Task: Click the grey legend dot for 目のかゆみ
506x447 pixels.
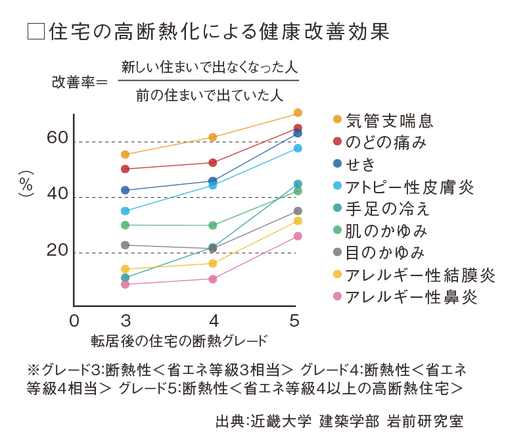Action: click(337, 252)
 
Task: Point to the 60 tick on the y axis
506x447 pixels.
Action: click(57, 137)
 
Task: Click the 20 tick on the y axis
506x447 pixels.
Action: click(57, 250)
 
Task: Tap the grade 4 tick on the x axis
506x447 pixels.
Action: click(213, 320)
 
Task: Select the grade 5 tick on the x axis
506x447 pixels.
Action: click(295, 320)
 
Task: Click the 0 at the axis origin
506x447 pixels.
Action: click(74, 320)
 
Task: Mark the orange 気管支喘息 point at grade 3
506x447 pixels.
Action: click(126, 154)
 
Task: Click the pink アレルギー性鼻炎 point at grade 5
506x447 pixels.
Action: click(298, 236)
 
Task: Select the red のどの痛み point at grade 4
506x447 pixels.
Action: click(213, 162)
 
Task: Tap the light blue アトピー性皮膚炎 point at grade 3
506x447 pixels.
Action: click(126, 211)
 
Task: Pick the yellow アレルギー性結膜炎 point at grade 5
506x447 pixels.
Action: click(298, 221)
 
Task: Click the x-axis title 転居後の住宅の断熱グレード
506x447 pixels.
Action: click(179, 341)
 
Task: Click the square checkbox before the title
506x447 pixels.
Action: click(35, 32)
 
